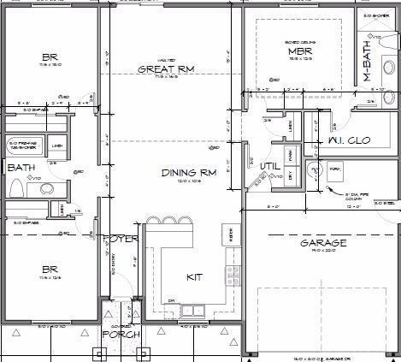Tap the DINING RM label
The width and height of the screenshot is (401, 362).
tap(189, 172)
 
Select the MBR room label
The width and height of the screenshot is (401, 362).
tap(298, 51)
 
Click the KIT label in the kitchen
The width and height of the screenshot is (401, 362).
tap(194, 276)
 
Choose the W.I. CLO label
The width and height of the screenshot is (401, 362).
tap(347, 140)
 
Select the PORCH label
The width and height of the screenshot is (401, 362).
tap(120, 334)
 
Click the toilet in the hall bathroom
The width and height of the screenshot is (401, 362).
tap(47, 188)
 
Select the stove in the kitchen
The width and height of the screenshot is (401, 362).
tap(231, 275)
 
